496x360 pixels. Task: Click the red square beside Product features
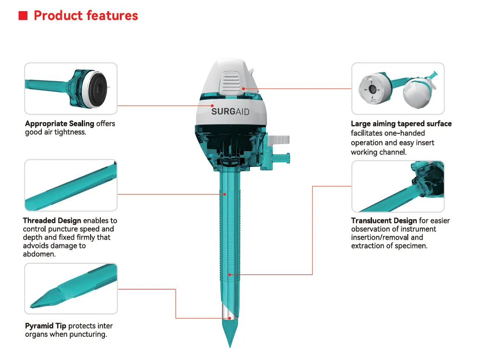[23, 15]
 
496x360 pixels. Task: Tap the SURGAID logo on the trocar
[230, 111]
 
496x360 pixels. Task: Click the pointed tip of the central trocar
[230, 347]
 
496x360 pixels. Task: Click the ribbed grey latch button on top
[231, 82]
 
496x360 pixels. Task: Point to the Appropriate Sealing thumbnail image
[71, 89]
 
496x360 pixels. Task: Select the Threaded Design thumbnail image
[71, 185]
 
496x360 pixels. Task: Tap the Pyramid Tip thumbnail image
[71, 288]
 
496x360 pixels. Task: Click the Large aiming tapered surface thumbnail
[398, 89]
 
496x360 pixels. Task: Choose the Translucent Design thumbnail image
[398, 186]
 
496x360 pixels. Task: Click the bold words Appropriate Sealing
[60, 124]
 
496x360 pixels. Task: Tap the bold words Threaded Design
[52, 221]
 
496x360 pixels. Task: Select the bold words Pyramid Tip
[46, 326]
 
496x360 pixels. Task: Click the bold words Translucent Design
[384, 221]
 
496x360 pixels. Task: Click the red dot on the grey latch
[243, 89]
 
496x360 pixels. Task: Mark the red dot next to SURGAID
[212, 105]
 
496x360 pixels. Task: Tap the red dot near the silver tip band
[229, 318]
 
